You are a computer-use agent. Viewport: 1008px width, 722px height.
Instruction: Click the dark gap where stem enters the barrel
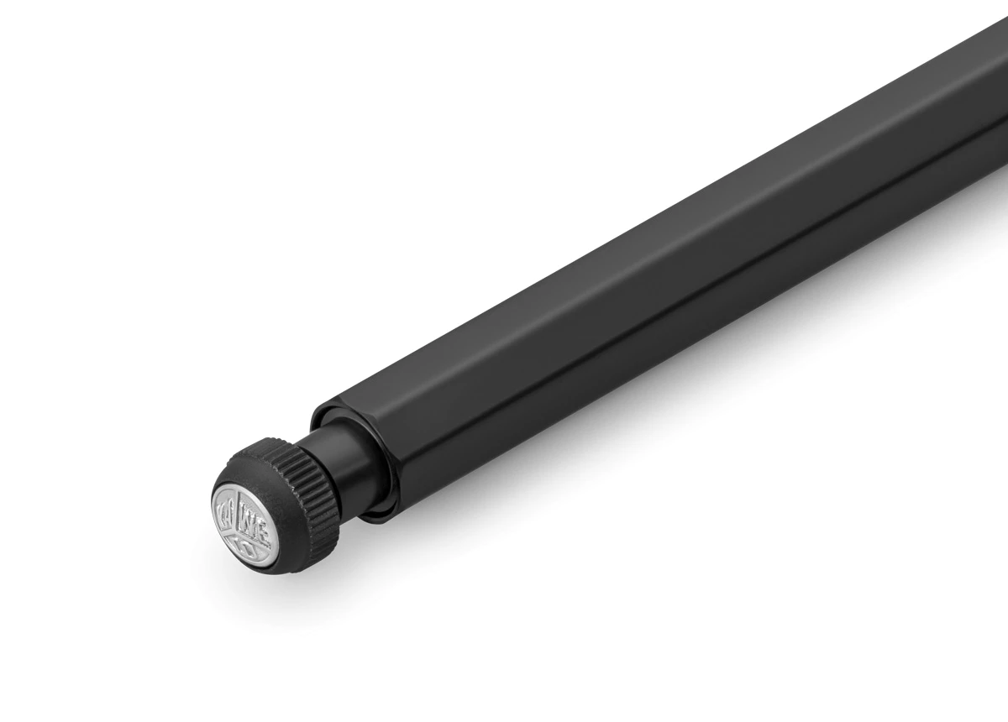380,487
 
